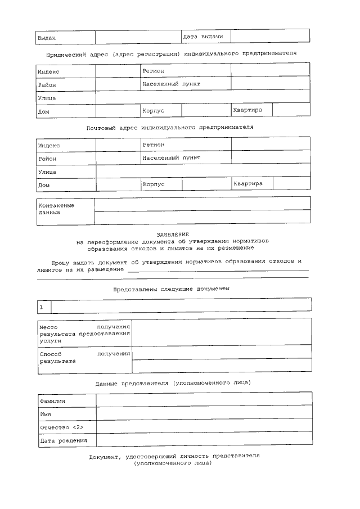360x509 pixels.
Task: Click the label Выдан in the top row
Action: coord(46,38)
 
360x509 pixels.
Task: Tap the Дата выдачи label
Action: coord(203,37)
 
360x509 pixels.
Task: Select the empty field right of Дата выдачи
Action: coord(270,36)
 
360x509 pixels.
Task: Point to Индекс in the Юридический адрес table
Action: coord(49,72)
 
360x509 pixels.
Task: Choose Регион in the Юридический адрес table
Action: coord(154,71)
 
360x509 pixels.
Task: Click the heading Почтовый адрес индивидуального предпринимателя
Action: coord(170,127)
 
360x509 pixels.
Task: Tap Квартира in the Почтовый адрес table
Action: coord(248,183)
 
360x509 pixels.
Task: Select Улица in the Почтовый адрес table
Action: coord(47,172)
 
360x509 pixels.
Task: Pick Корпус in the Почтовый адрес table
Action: coord(153,184)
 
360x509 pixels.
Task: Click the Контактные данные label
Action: coord(56,209)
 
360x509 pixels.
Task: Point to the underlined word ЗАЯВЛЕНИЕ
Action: coord(173,234)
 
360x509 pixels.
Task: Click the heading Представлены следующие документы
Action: coord(171,289)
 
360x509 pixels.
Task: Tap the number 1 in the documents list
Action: coord(41,307)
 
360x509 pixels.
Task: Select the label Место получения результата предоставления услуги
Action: coord(84,333)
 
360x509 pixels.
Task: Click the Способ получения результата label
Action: coord(84,357)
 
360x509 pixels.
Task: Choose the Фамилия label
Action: coord(52,401)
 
